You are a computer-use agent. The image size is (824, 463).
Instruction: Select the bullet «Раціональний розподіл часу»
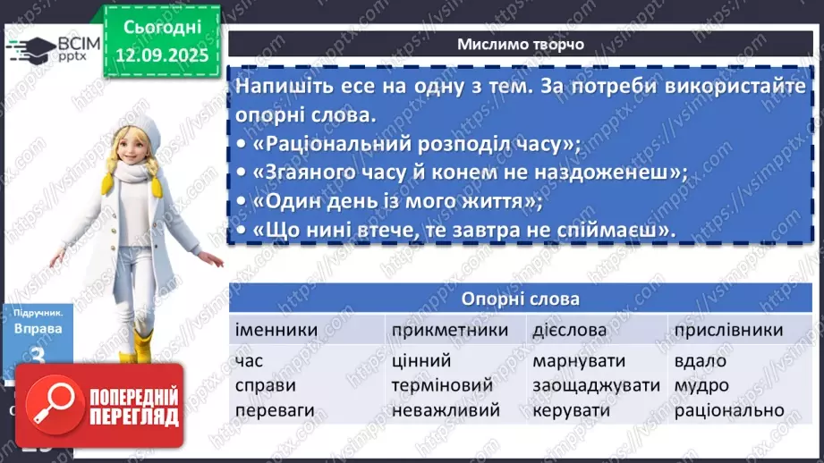409,145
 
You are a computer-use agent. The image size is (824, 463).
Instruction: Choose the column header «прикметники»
449,330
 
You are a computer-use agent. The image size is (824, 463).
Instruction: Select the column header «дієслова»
569,330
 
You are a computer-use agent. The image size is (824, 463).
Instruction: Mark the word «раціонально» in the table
729,411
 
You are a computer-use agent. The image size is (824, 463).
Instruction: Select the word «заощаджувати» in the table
596,386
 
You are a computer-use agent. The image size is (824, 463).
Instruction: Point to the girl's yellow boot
143,347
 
